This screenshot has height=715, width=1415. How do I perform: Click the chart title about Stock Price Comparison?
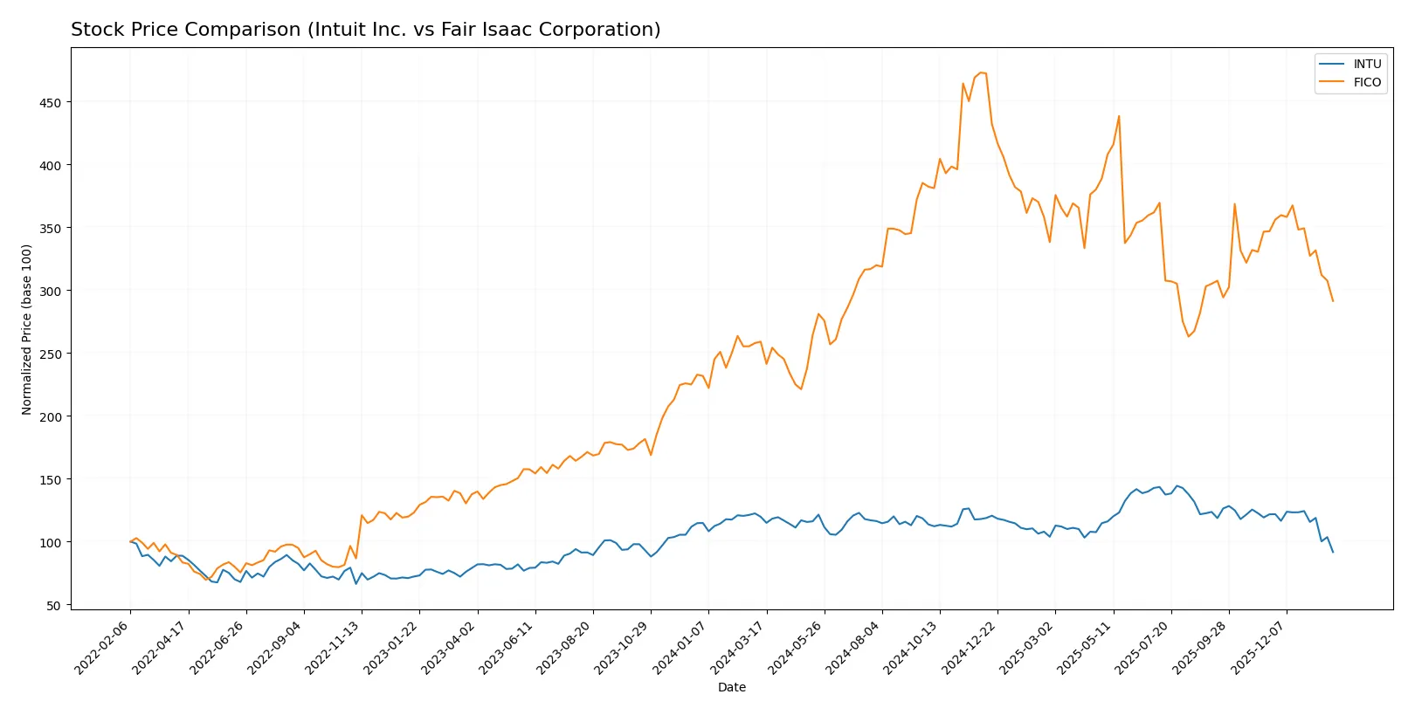[x=365, y=30]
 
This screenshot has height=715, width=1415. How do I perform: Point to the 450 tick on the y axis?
[x=50, y=102]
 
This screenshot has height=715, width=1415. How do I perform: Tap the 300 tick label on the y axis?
[x=50, y=291]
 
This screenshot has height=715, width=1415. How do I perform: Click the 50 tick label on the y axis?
[x=53, y=605]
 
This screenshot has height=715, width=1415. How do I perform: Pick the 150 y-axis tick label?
[x=50, y=479]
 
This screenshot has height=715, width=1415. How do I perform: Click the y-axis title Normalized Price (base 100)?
[x=26, y=329]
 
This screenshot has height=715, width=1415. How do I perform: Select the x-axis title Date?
[x=731, y=687]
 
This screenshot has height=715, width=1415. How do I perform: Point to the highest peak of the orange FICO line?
[x=980, y=72]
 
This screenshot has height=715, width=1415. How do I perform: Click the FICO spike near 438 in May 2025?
[x=1119, y=116]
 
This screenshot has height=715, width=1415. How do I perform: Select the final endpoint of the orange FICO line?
[x=1333, y=301]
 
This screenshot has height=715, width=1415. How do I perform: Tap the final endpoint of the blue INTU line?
[x=1333, y=552]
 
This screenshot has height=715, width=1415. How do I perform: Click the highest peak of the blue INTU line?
[x=1177, y=485]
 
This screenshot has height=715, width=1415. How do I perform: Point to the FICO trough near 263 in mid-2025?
[x=1188, y=337]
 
